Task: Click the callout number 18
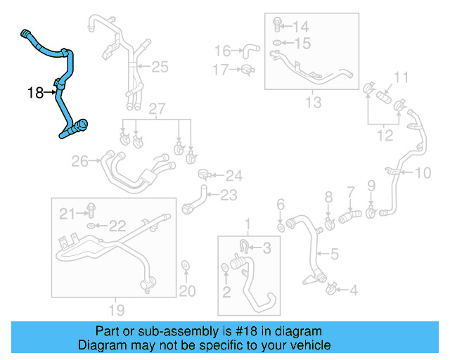click(36, 92)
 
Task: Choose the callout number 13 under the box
click(313, 103)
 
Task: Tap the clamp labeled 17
click(246, 69)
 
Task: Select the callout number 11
click(401, 77)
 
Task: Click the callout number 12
click(385, 135)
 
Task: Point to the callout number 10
click(423, 173)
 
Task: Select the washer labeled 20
click(185, 265)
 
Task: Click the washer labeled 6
click(281, 227)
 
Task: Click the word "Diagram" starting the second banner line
click(101, 345)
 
